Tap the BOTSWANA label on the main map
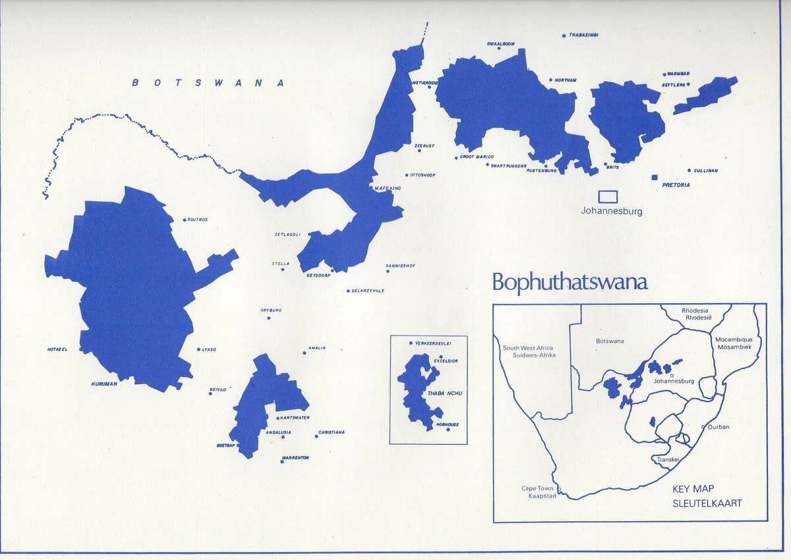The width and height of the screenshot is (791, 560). (208, 83)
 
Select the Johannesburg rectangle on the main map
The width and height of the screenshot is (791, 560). (608, 196)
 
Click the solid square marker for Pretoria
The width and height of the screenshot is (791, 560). (655, 178)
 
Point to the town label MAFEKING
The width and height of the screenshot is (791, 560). (388, 188)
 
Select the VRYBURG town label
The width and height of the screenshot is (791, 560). (271, 309)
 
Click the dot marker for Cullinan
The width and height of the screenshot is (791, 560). (689, 171)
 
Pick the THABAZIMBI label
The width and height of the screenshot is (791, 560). (583, 35)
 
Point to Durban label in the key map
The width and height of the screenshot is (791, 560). (719, 427)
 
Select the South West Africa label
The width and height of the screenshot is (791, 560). (529, 351)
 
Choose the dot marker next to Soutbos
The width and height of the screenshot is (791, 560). (184, 220)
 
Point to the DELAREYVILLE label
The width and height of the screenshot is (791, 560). (368, 291)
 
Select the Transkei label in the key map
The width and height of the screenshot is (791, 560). (668, 459)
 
